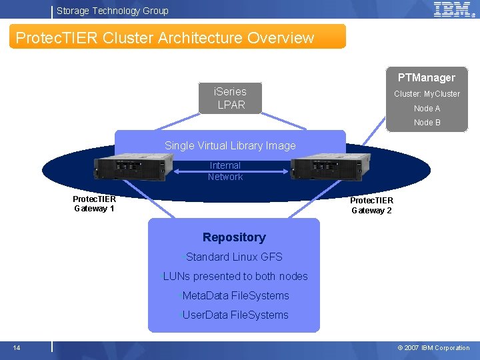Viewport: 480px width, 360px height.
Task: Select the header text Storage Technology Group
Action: pyautogui.click(x=112, y=11)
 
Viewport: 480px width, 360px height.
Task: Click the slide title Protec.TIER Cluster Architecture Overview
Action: pyautogui.click(x=165, y=37)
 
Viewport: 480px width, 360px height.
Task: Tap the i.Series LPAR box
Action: pyautogui.click(x=231, y=98)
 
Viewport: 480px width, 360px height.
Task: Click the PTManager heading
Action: pyautogui.click(x=427, y=77)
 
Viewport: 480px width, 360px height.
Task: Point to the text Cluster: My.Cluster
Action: pyautogui.click(x=427, y=94)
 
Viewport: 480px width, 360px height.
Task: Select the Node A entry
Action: pyautogui.click(x=427, y=109)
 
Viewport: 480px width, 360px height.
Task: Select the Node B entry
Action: pyautogui.click(x=427, y=123)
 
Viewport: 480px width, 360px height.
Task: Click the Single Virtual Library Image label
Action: pyautogui.click(x=230, y=145)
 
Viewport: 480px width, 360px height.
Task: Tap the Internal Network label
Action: pyautogui.click(x=225, y=171)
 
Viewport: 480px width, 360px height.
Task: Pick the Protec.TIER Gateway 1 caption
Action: pyautogui.click(x=94, y=203)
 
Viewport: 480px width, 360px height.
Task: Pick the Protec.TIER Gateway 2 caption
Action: pyautogui.click(x=371, y=205)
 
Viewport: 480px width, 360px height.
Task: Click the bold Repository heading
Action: pyautogui.click(x=234, y=237)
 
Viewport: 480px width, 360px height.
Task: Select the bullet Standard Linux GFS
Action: pyautogui.click(x=233, y=257)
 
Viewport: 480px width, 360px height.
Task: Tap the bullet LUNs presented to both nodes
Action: pyautogui.click(x=235, y=276)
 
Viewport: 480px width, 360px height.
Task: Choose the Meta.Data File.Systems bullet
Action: pyautogui.click(x=235, y=295)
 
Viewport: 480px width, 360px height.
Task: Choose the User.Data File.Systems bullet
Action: pyautogui.click(x=235, y=315)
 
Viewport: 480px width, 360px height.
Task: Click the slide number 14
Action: pyautogui.click(x=16, y=347)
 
